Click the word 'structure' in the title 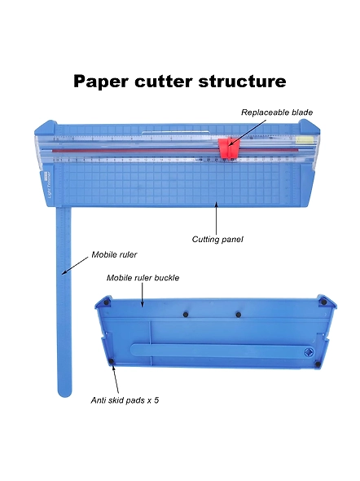coord(243,82)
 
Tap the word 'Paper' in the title coord(101,82)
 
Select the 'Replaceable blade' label coord(277,113)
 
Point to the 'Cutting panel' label coord(217,239)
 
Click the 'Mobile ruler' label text coord(114,254)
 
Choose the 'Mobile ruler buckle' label coord(143,278)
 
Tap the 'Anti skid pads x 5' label coord(125,400)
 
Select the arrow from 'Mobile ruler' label coord(74,266)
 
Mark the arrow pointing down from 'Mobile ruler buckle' coord(143,295)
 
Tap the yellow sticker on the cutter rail coord(305,141)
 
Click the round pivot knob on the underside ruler coord(309,352)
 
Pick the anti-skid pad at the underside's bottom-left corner coord(112,361)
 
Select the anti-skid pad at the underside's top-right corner coord(323,302)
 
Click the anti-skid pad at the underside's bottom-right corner coord(318,364)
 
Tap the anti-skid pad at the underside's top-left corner coord(107,302)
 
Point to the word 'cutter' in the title coord(163,82)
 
